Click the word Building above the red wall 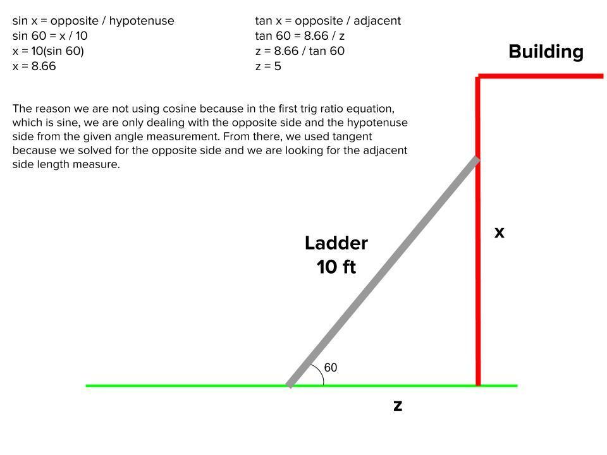(x=546, y=52)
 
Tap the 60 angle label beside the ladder (x=331, y=367)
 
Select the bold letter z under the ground (x=398, y=406)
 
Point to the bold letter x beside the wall (x=500, y=233)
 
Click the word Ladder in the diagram (x=336, y=243)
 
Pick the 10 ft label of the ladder (x=336, y=267)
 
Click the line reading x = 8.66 (x=34, y=66)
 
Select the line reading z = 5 (x=268, y=66)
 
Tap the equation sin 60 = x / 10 (x=50, y=36)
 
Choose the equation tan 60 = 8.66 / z (x=300, y=36)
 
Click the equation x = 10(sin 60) (x=48, y=51)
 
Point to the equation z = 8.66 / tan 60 (x=300, y=51)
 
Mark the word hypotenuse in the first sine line (x=142, y=21)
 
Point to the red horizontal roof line (x=544, y=76)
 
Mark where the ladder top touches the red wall (x=477, y=159)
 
